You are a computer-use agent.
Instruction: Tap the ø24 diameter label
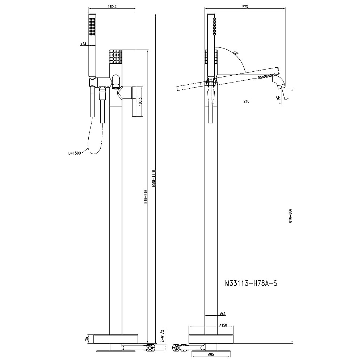(x=83, y=44)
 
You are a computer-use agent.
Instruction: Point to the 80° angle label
(x=236, y=53)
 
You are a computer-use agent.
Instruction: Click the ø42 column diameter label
(x=223, y=313)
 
